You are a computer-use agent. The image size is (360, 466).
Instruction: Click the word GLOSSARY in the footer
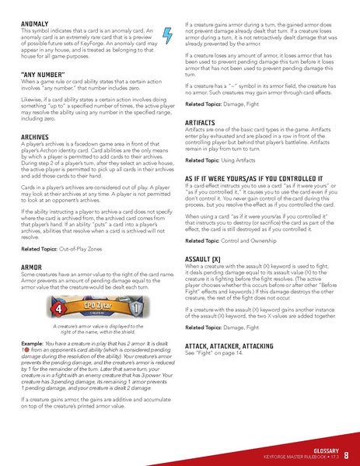[321, 450]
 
